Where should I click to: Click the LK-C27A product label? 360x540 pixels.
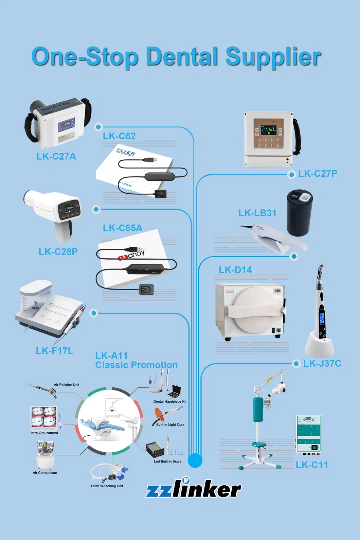[56, 156]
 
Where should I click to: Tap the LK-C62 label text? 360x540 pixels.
[119, 136]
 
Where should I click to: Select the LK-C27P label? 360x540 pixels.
[318, 174]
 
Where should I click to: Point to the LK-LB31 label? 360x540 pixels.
[257, 213]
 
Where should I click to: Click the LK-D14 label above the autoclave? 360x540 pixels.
[235, 270]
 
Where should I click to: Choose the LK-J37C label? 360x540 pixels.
[322, 364]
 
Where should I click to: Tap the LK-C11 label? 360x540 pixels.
[311, 465]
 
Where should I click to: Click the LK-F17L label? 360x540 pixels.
[55, 351]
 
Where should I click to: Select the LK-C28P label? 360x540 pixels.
[58, 252]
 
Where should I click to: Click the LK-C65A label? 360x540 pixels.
[123, 228]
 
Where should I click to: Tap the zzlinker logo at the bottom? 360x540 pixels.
[194, 489]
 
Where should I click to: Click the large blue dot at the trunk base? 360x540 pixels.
[195, 460]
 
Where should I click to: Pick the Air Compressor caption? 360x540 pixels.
[45, 473]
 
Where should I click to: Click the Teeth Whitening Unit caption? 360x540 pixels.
[107, 486]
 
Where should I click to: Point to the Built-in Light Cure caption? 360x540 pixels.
[170, 425]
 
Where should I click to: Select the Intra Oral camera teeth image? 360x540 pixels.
[43, 417]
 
